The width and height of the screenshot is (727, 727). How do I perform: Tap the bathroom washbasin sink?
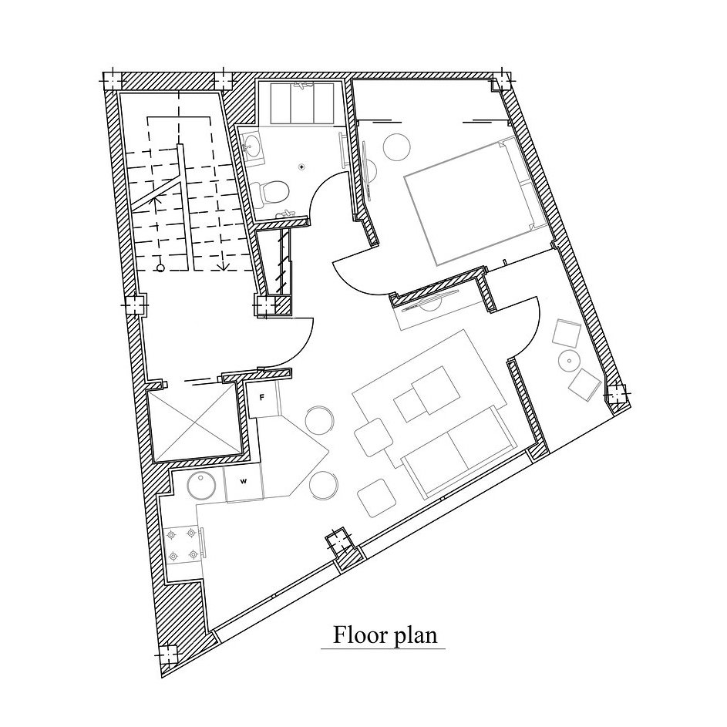point(252,146)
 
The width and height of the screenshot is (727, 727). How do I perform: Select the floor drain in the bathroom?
point(302,166)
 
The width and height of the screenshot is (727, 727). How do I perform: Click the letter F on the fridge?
point(261,397)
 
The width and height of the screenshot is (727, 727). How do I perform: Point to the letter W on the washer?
point(243,481)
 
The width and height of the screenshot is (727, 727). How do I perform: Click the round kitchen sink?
point(201,486)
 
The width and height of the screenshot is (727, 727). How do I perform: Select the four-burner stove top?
point(182,545)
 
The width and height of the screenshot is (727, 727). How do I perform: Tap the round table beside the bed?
point(397,147)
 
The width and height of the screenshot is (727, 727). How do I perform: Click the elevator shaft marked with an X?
point(196,422)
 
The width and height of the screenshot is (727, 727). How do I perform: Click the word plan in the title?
point(416,636)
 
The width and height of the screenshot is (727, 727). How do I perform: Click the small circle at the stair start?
point(160,268)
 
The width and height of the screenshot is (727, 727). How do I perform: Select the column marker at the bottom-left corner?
point(167,655)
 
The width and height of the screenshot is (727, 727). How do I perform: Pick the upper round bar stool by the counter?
point(319,419)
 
